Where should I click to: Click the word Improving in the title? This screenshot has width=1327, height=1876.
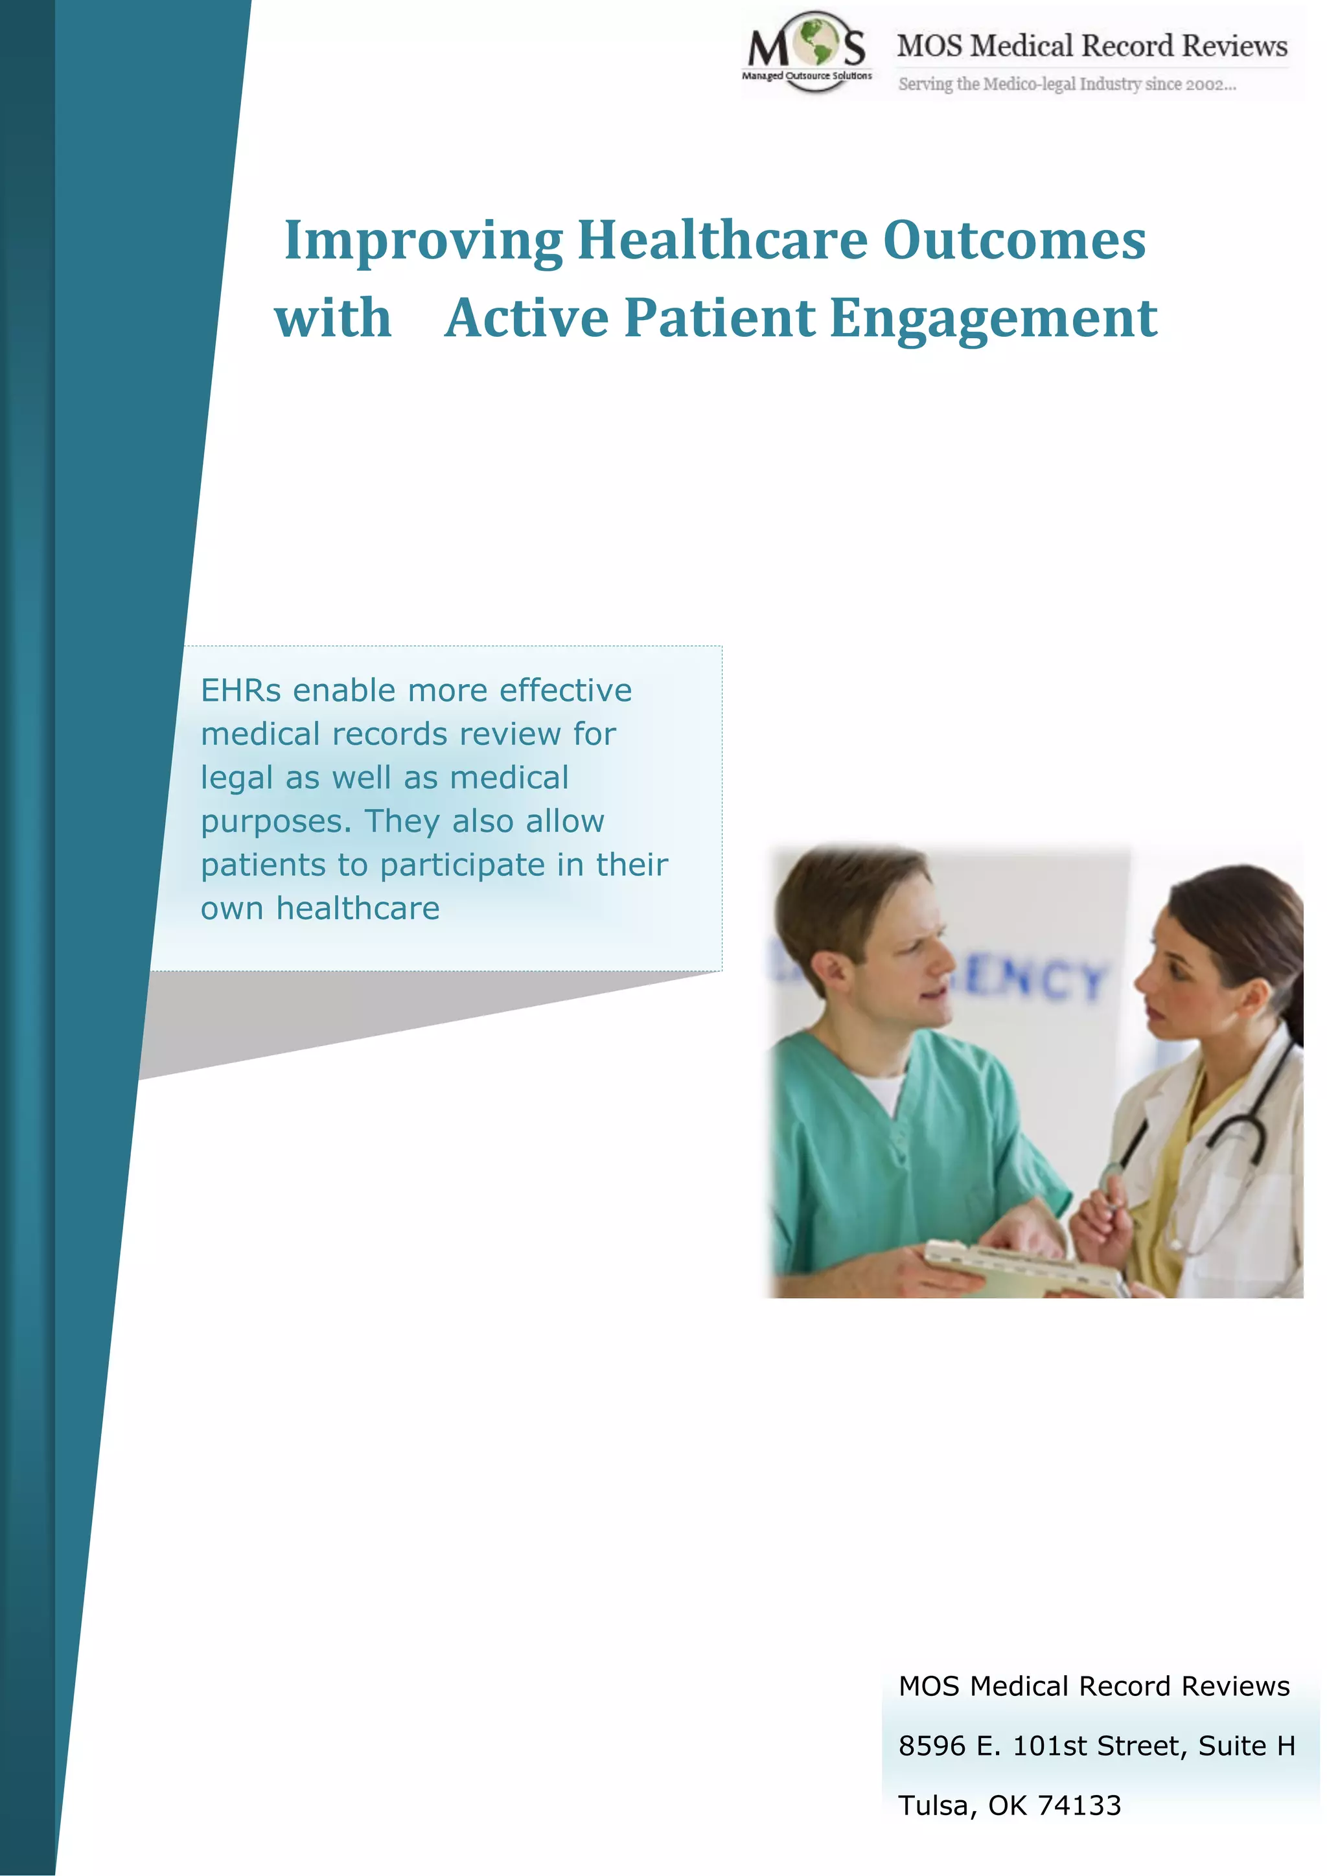pyautogui.click(x=422, y=241)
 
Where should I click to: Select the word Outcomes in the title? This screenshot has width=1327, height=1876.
pyautogui.click(x=1014, y=241)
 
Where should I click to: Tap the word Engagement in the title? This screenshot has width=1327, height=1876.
pyautogui.click(x=993, y=318)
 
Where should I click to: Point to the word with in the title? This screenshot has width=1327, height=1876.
pyautogui.click(x=332, y=318)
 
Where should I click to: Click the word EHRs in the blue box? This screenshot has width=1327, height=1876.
pyautogui.click(x=240, y=691)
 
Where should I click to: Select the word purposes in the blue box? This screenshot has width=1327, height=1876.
pyautogui.click(x=275, y=822)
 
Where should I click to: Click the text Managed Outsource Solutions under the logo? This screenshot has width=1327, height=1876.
pyautogui.click(x=807, y=76)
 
